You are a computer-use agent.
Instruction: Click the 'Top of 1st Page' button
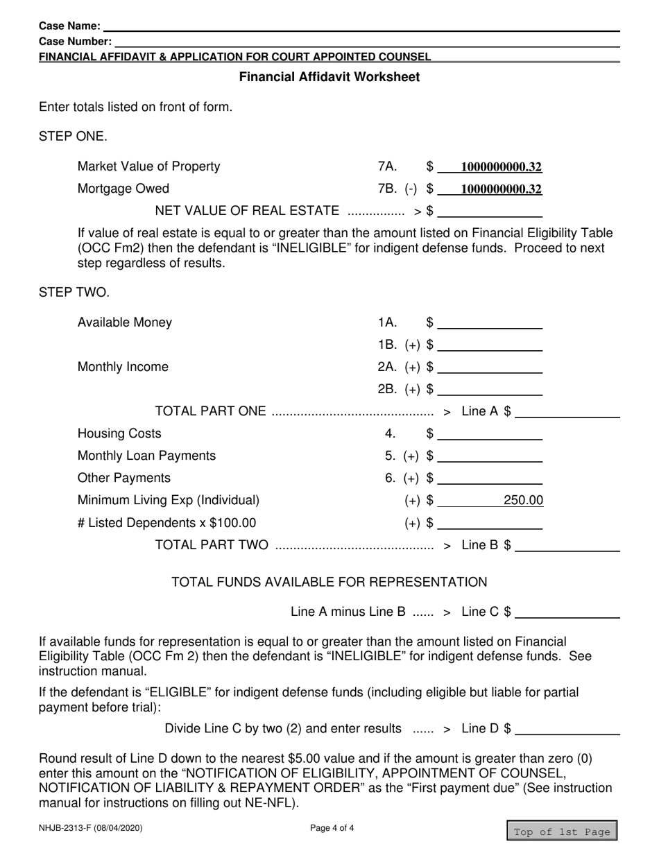pos(562,832)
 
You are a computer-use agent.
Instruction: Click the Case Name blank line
pos(361,26)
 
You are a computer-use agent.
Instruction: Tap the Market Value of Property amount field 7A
pos(490,166)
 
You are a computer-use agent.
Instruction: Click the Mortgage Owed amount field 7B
pos(490,189)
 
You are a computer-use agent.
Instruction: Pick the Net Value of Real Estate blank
pos(490,210)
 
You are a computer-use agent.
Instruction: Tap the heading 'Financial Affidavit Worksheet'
pos(329,77)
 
